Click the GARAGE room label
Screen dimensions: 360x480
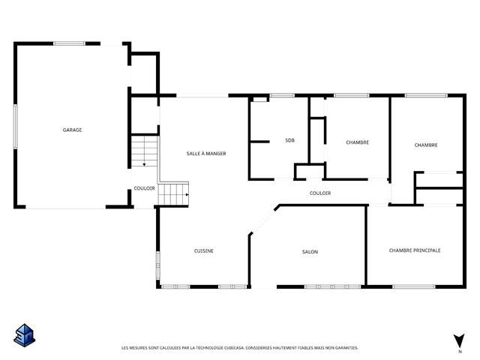pos(72,130)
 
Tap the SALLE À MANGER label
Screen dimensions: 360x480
pos(206,154)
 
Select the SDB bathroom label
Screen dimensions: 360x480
pos(289,140)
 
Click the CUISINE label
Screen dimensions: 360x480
pos(204,251)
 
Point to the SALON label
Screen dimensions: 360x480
pos(310,252)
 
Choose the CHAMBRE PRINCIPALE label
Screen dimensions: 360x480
pos(415,250)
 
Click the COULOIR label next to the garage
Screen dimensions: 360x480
pos(144,188)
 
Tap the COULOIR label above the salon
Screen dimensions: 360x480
pos(320,193)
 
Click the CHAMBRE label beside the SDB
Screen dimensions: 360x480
pos(357,142)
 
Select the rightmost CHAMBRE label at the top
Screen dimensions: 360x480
pos(426,145)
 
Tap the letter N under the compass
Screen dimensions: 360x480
pos(459,351)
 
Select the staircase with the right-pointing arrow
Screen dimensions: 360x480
pos(173,194)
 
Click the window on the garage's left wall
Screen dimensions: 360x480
pos(15,126)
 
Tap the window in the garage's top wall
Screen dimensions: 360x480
pos(69,43)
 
